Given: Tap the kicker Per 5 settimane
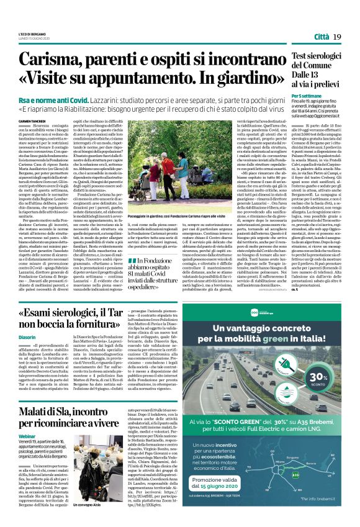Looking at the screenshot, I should pyautogui.click(x=307, y=96).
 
